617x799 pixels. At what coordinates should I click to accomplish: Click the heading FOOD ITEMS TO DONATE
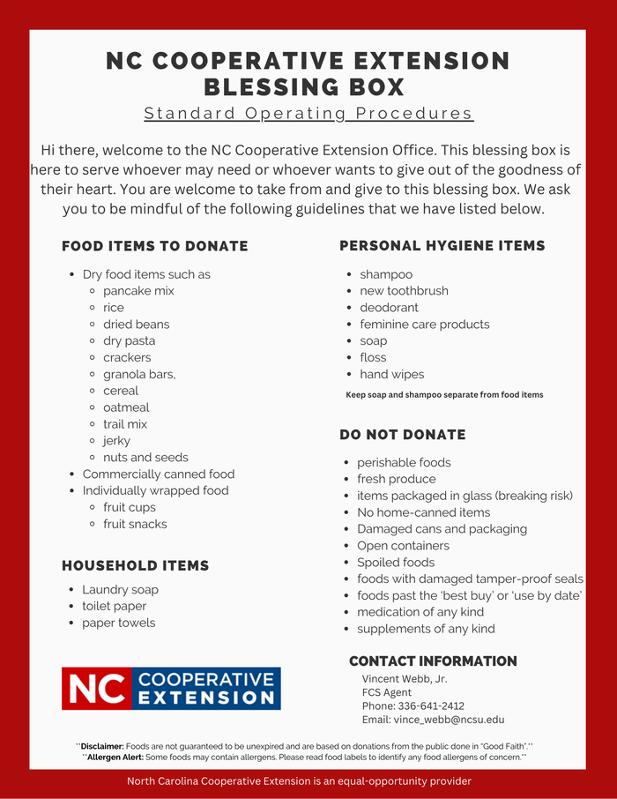click(x=155, y=246)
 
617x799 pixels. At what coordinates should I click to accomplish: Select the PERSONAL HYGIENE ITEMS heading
click(x=442, y=246)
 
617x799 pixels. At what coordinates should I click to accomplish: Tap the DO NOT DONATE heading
click(x=403, y=435)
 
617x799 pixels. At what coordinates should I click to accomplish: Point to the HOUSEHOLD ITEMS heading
click(x=136, y=565)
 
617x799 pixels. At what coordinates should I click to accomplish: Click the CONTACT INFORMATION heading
click(x=433, y=661)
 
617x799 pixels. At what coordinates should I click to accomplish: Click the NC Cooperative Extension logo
click(x=171, y=689)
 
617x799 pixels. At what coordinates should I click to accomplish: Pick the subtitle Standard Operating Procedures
click(x=308, y=114)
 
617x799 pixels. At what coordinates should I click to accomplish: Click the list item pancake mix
click(x=138, y=291)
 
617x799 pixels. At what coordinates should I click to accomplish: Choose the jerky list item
click(x=116, y=441)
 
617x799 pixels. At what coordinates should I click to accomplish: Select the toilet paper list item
click(x=115, y=607)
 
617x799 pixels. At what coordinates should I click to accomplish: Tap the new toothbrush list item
click(x=404, y=291)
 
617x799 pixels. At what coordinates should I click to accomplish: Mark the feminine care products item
click(x=424, y=325)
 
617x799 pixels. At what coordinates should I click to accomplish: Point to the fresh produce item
click(x=396, y=479)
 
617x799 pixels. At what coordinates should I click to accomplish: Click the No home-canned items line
click(x=423, y=512)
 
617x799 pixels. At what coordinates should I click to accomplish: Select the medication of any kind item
click(x=420, y=612)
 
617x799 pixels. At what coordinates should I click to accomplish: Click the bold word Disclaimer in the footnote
click(x=103, y=745)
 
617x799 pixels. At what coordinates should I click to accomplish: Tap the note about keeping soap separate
click(x=444, y=395)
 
